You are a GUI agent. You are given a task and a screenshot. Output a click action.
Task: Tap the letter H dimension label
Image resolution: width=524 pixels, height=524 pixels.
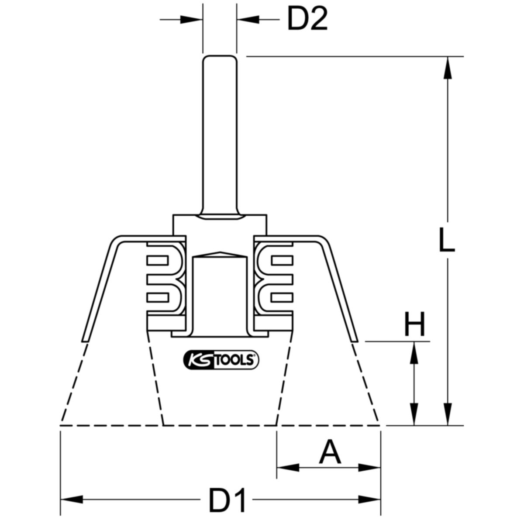(414, 324)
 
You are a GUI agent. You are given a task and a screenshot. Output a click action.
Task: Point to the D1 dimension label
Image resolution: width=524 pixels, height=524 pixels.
(228, 500)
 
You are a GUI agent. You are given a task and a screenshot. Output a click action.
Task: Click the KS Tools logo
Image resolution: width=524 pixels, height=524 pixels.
(220, 360)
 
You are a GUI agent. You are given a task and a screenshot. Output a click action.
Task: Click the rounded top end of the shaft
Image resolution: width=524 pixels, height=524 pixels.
(220, 58)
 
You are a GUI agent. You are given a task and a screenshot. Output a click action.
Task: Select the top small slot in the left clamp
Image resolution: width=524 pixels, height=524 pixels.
(158, 261)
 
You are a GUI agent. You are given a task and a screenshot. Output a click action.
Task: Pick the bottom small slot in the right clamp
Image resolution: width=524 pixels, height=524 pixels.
(282, 298)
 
